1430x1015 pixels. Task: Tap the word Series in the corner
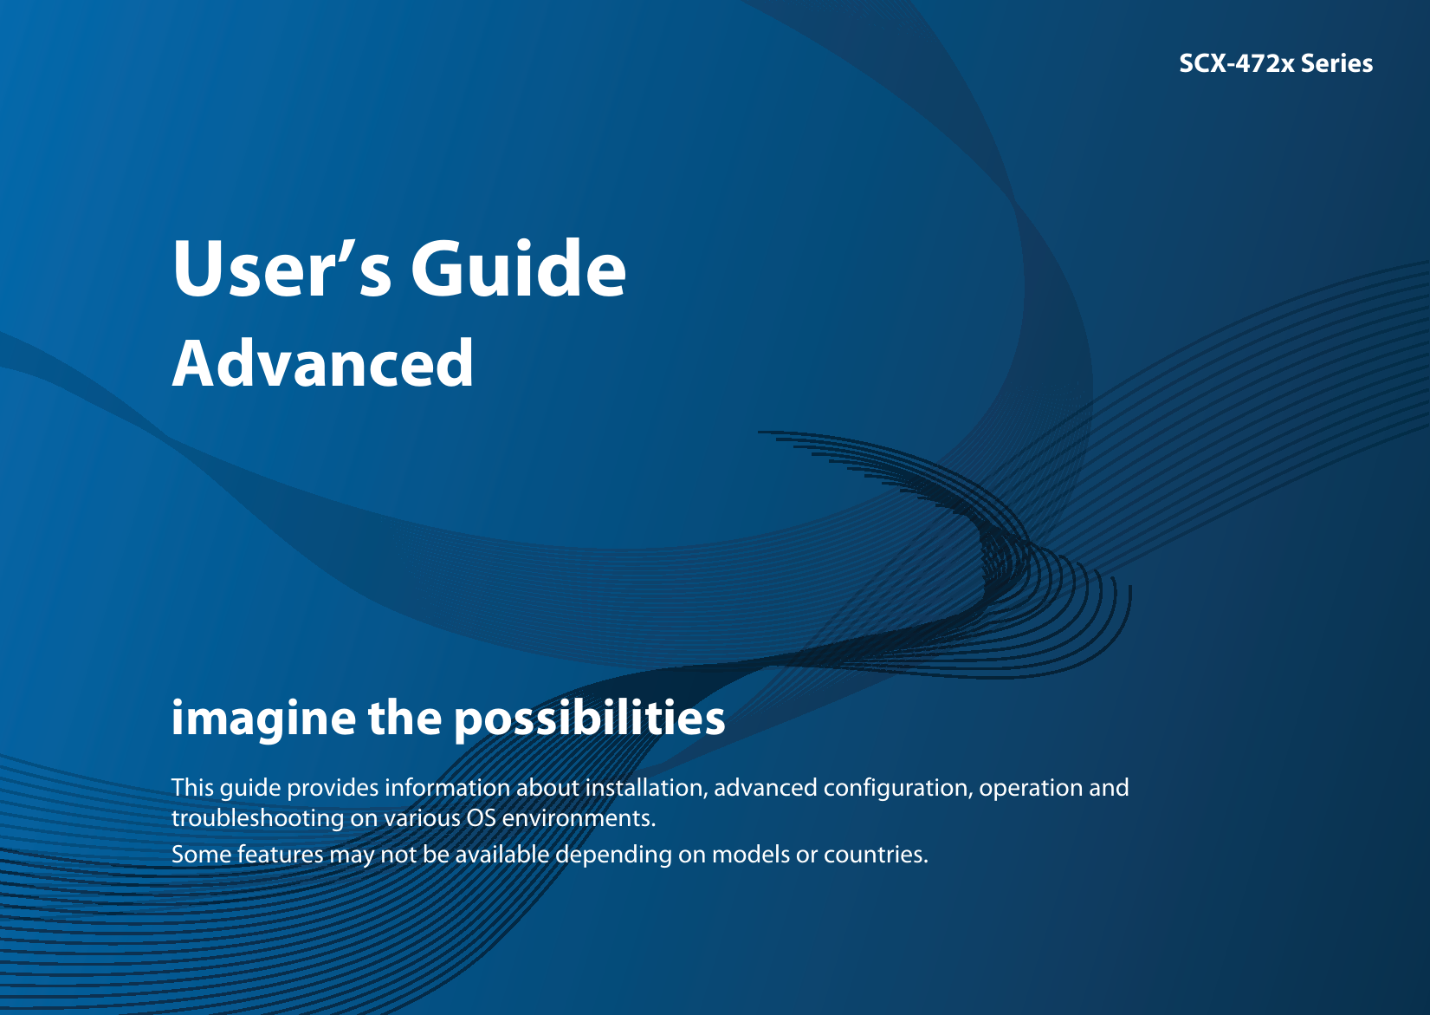(1336, 63)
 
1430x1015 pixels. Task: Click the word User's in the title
(281, 269)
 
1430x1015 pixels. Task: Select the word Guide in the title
(518, 269)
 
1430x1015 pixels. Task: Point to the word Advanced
(322, 363)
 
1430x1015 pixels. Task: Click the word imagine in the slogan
(263, 719)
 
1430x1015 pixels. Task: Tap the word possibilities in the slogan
(589, 719)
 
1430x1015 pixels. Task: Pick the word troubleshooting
(257, 819)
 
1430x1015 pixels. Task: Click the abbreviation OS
(482, 818)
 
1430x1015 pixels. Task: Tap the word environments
(579, 819)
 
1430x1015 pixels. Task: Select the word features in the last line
(281, 855)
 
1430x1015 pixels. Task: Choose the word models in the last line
(751, 855)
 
